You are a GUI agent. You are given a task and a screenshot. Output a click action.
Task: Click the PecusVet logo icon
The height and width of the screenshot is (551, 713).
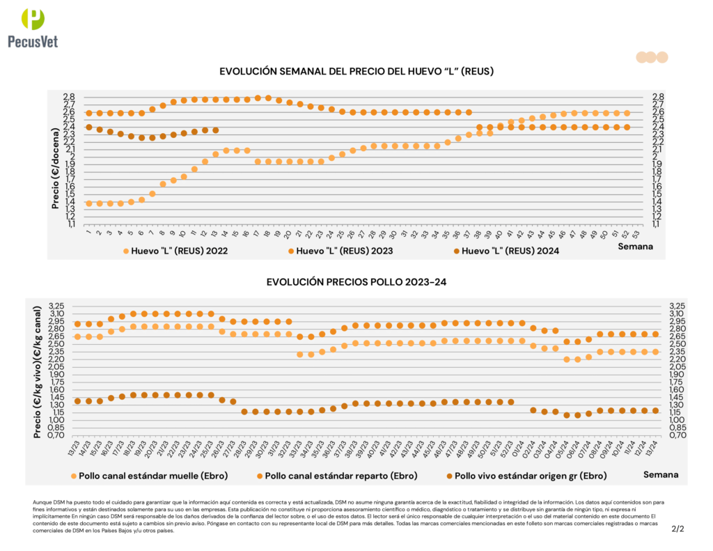coord(32,20)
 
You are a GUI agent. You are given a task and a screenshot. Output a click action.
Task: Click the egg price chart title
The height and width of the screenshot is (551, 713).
coord(356,71)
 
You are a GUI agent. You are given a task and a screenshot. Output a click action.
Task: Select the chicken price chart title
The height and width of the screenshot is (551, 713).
coord(356,282)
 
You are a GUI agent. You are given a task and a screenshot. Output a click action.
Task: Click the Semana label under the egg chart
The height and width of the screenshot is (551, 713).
coord(636,247)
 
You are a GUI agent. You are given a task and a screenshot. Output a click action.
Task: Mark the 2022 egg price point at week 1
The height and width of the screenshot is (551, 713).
coord(88,203)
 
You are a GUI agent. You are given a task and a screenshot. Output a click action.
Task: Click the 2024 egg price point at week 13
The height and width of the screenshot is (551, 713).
coord(216,130)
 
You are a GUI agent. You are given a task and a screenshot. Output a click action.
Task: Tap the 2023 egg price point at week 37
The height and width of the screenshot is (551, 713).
coord(469,112)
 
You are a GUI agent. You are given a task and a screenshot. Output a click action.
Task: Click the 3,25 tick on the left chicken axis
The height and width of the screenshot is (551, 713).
coord(55,306)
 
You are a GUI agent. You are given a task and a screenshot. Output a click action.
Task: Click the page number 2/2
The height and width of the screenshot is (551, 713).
coord(677,529)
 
